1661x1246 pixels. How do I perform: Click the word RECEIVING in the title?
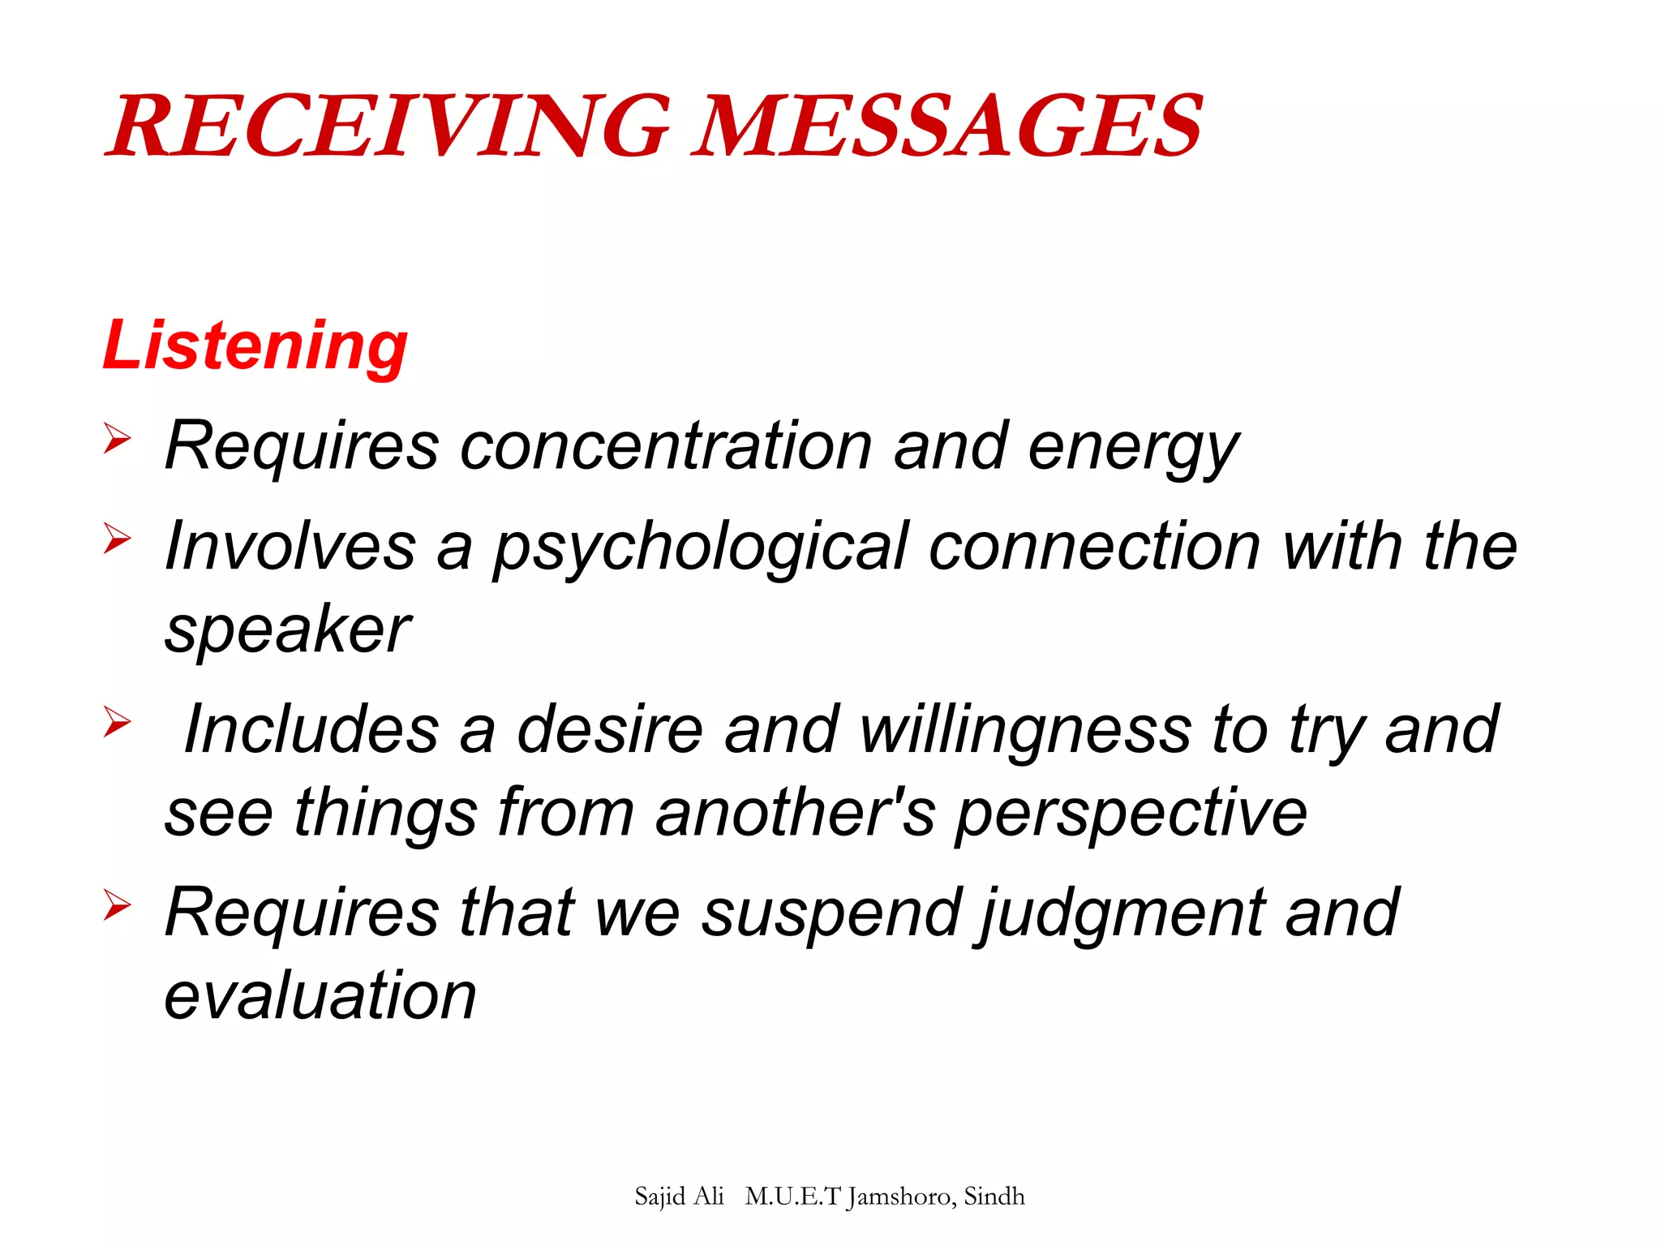coord(389,127)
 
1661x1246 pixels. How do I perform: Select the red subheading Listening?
coord(255,346)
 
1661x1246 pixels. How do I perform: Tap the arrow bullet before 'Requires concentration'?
coord(118,439)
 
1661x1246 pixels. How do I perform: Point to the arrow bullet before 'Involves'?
coord(118,539)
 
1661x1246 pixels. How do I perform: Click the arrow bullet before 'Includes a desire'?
coord(118,722)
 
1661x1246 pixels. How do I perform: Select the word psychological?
coord(701,548)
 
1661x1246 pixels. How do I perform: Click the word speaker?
coord(288,631)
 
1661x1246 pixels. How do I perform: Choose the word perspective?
coord(1131,814)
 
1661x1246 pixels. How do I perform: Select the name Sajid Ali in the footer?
coord(679,1197)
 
